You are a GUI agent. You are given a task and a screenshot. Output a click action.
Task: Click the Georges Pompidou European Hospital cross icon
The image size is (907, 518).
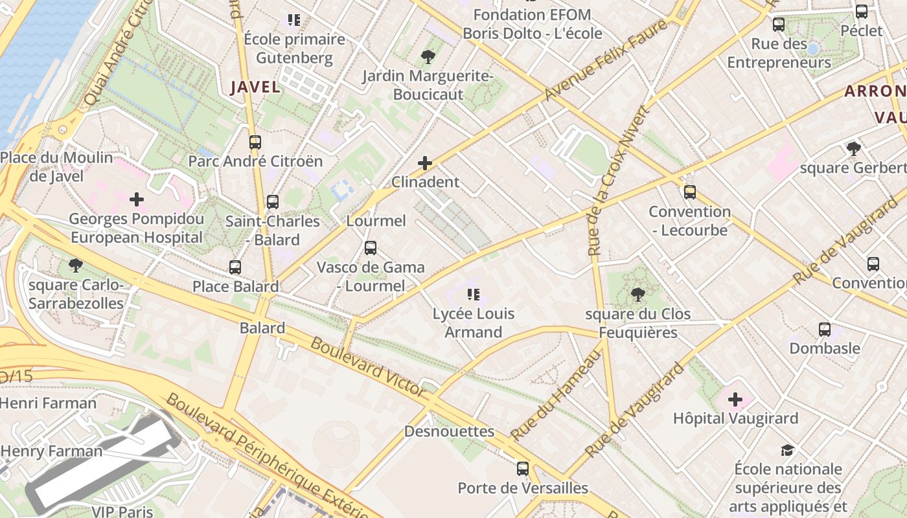[x=137, y=199]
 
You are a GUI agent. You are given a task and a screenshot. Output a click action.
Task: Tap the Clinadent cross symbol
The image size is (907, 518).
[x=425, y=163]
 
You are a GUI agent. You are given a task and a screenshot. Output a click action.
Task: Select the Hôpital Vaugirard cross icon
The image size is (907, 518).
[x=735, y=400]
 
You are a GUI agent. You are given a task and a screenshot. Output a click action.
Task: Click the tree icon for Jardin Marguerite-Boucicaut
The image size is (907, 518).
[x=428, y=57]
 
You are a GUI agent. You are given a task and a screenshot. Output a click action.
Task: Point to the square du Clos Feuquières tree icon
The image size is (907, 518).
[x=637, y=295]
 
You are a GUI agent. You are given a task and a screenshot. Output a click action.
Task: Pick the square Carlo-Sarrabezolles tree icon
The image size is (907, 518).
[x=76, y=265]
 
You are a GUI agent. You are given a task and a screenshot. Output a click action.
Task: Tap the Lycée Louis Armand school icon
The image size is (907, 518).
[x=474, y=295]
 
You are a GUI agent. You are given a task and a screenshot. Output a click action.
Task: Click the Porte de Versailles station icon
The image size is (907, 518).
[x=523, y=468]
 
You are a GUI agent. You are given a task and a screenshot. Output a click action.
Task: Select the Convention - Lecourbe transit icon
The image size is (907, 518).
[x=690, y=192]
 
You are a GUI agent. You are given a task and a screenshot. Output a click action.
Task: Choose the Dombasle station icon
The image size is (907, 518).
[x=825, y=329]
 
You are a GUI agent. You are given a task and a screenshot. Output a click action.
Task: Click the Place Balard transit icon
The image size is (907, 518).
[x=235, y=267]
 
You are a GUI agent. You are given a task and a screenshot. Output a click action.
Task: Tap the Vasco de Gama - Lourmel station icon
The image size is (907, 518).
[x=371, y=247]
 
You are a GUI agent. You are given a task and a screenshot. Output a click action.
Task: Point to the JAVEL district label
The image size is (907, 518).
[x=255, y=87]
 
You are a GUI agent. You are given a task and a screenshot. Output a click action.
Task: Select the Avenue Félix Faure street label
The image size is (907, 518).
[x=606, y=61]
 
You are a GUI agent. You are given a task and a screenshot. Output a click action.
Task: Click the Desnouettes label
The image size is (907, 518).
[x=449, y=431]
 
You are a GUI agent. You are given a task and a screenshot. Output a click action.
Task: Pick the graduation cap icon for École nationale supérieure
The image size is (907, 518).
[x=787, y=450]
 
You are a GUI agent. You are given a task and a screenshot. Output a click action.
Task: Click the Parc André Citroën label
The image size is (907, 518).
[x=255, y=161]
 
